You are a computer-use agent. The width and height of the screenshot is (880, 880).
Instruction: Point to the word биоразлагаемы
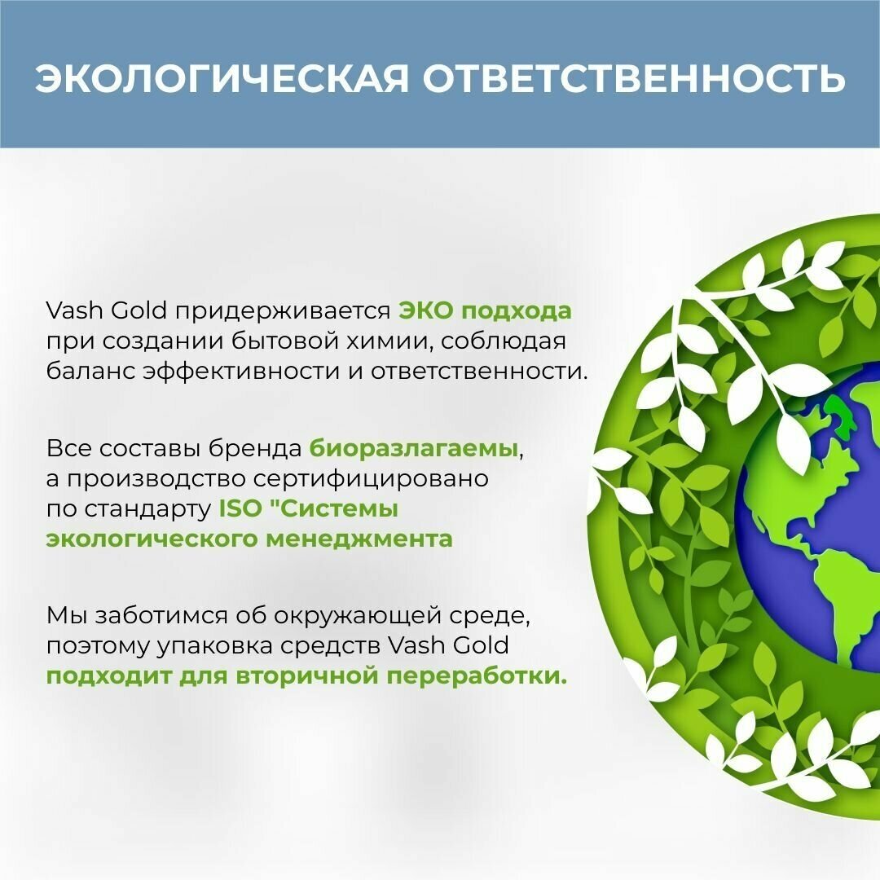[414, 448]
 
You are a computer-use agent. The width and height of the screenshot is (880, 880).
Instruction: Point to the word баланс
[90, 371]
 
